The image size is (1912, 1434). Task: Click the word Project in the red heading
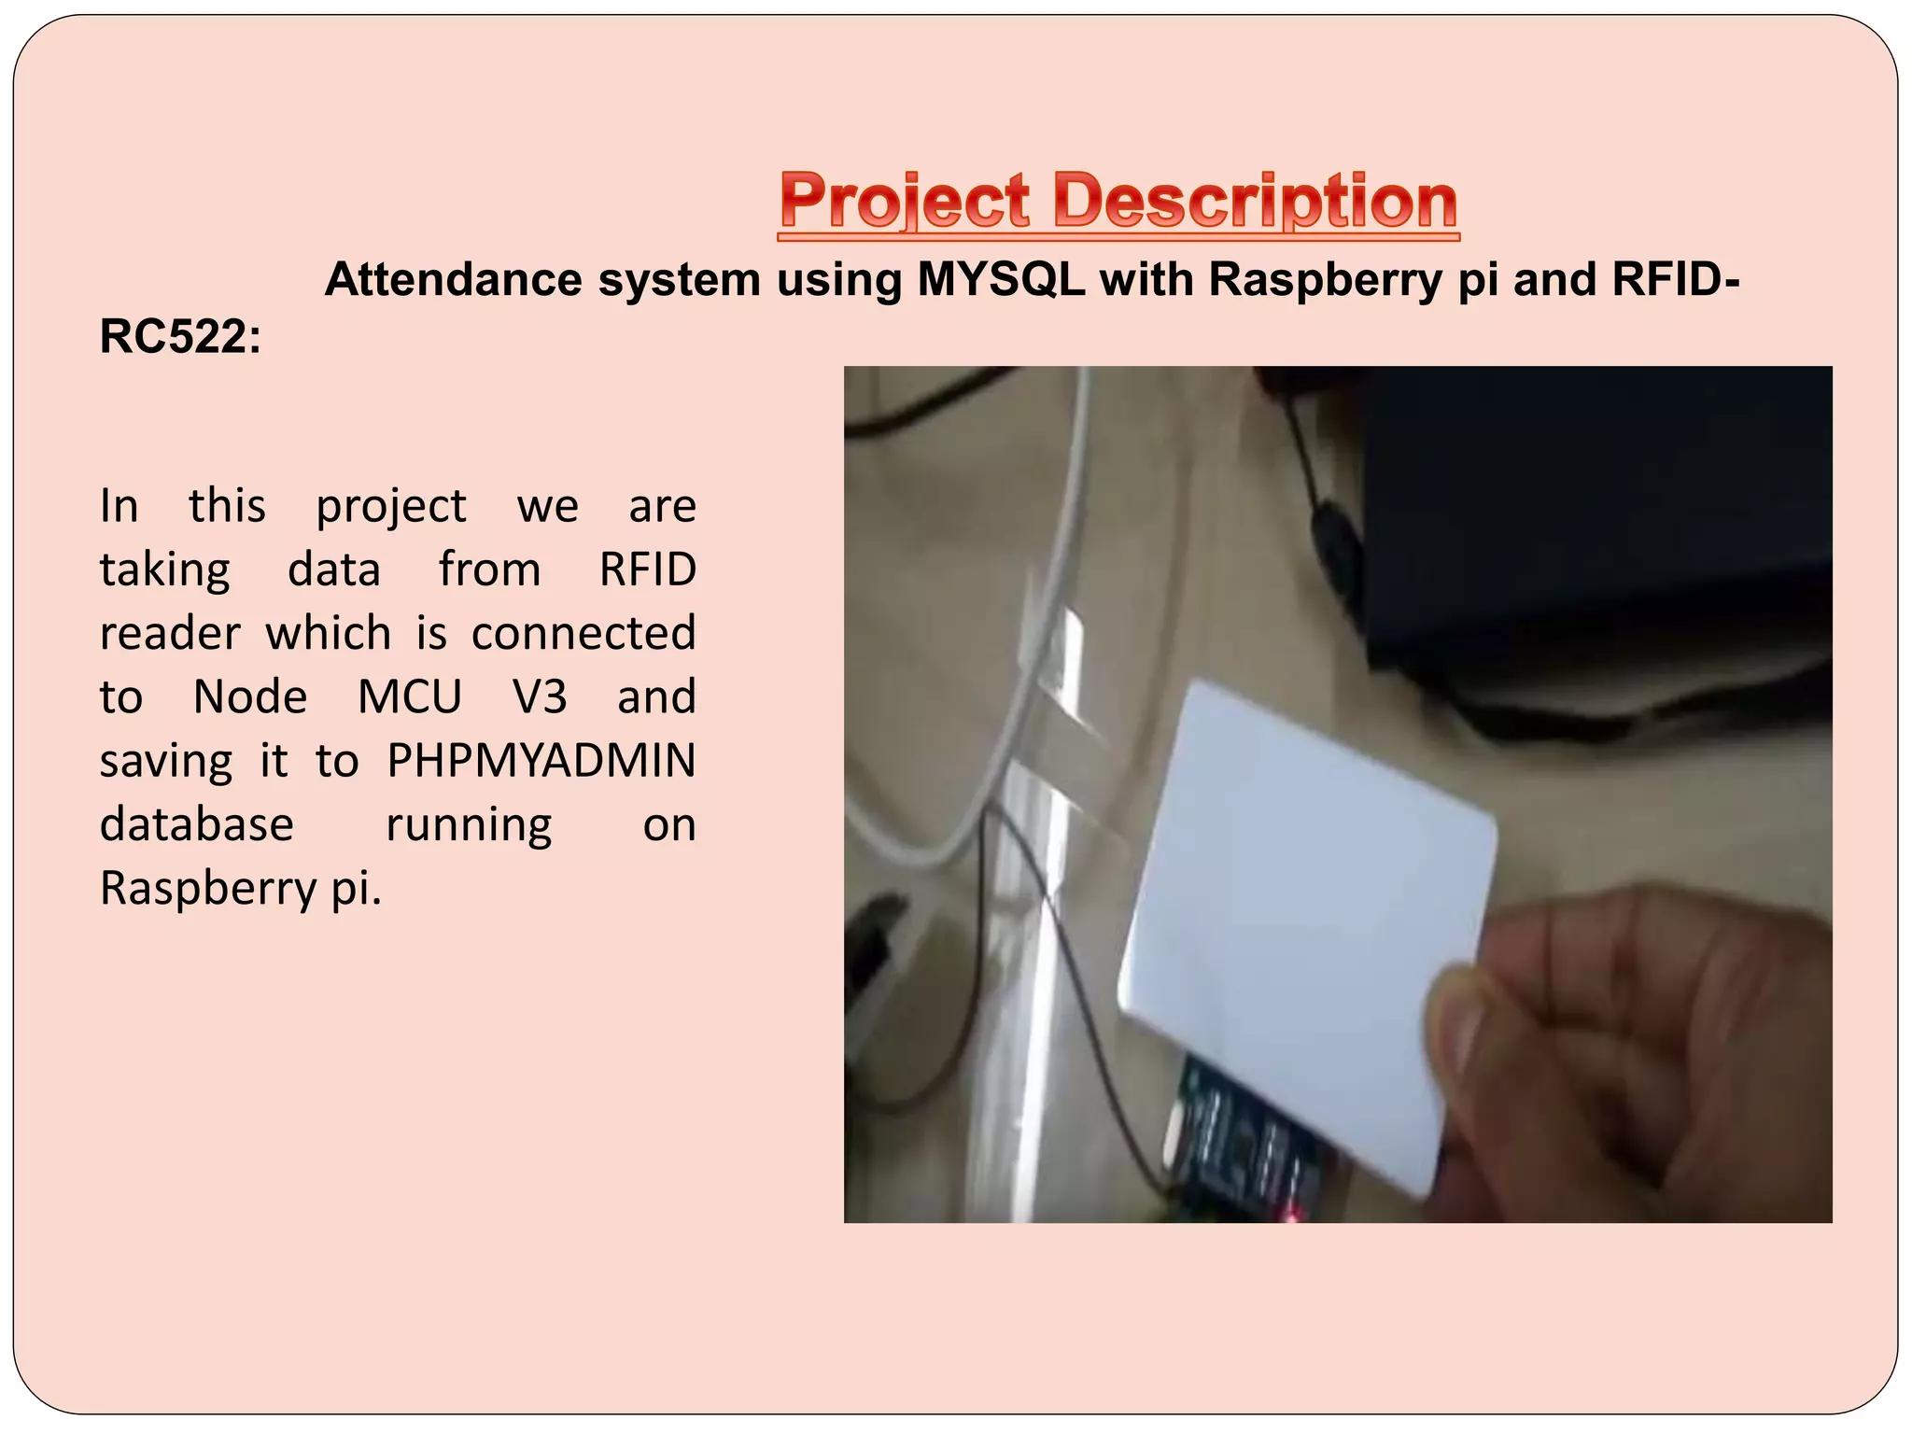click(x=904, y=203)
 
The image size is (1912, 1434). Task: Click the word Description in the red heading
click(x=1255, y=203)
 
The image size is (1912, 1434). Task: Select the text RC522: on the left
click(x=180, y=337)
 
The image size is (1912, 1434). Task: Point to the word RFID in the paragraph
click(x=647, y=569)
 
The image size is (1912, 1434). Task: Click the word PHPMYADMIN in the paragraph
click(x=541, y=761)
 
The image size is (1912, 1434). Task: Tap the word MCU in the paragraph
click(x=409, y=697)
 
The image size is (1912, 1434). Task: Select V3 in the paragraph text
click(x=540, y=697)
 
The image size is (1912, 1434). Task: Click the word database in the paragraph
click(x=196, y=825)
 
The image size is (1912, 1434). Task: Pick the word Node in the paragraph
click(x=249, y=697)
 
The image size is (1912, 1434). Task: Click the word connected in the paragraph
click(x=583, y=634)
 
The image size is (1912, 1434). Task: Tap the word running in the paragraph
click(x=469, y=825)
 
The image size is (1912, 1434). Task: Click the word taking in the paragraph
click(x=164, y=569)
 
